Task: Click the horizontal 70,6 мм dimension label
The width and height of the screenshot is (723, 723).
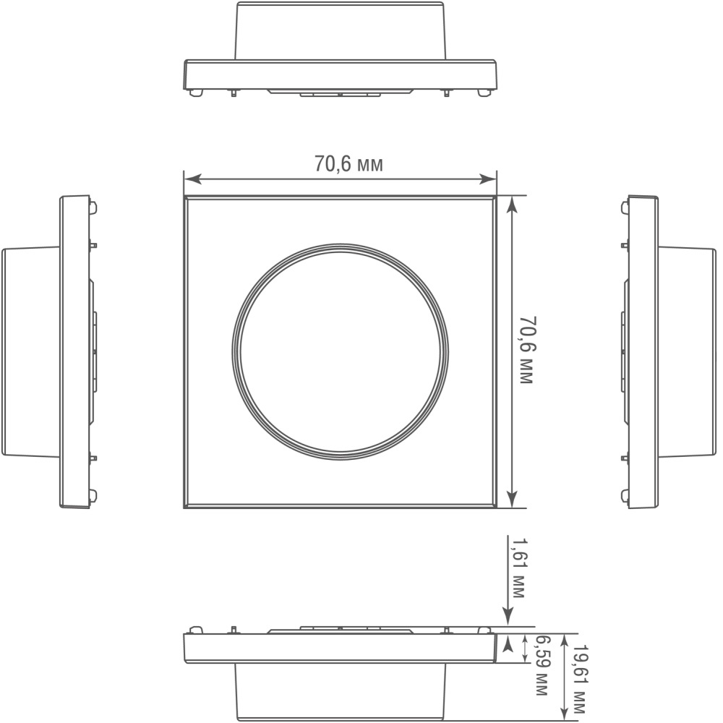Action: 348,163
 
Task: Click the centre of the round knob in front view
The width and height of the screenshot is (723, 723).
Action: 341,352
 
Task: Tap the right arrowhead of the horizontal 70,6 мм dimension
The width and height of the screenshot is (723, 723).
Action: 488,179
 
